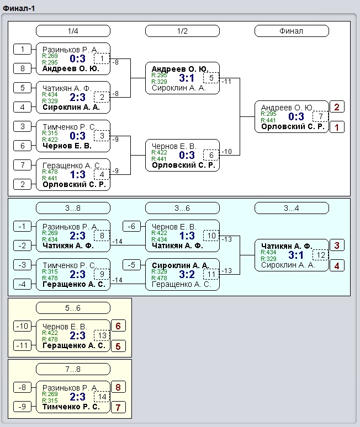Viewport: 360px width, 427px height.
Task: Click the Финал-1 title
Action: point(19,8)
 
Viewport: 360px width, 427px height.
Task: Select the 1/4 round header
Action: point(73,31)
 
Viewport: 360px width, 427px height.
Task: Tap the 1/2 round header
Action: point(182,31)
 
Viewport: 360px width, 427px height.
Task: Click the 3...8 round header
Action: point(73,209)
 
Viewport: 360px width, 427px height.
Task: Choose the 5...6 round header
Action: point(73,308)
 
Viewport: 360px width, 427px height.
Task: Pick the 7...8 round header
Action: point(73,369)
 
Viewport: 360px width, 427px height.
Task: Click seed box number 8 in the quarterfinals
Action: point(22,68)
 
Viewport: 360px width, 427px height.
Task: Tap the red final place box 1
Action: point(337,127)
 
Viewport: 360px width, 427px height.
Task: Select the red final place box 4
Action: point(337,266)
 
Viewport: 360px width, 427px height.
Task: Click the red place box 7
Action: point(118,408)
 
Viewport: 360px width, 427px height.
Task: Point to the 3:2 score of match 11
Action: point(187,275)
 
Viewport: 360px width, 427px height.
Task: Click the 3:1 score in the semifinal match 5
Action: point(187,78)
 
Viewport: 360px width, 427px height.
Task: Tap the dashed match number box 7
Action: point(320,117)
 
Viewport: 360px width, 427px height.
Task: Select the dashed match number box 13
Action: point(102,335)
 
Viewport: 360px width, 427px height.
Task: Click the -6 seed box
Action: point(131,226)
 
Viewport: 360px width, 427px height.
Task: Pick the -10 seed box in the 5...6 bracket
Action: point(22,326)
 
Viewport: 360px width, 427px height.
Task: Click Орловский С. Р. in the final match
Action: point(293,127)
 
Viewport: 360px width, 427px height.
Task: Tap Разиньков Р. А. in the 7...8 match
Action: point(70,387)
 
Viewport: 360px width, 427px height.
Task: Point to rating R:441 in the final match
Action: point(268,120)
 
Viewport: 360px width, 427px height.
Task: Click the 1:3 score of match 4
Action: point(78,174)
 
